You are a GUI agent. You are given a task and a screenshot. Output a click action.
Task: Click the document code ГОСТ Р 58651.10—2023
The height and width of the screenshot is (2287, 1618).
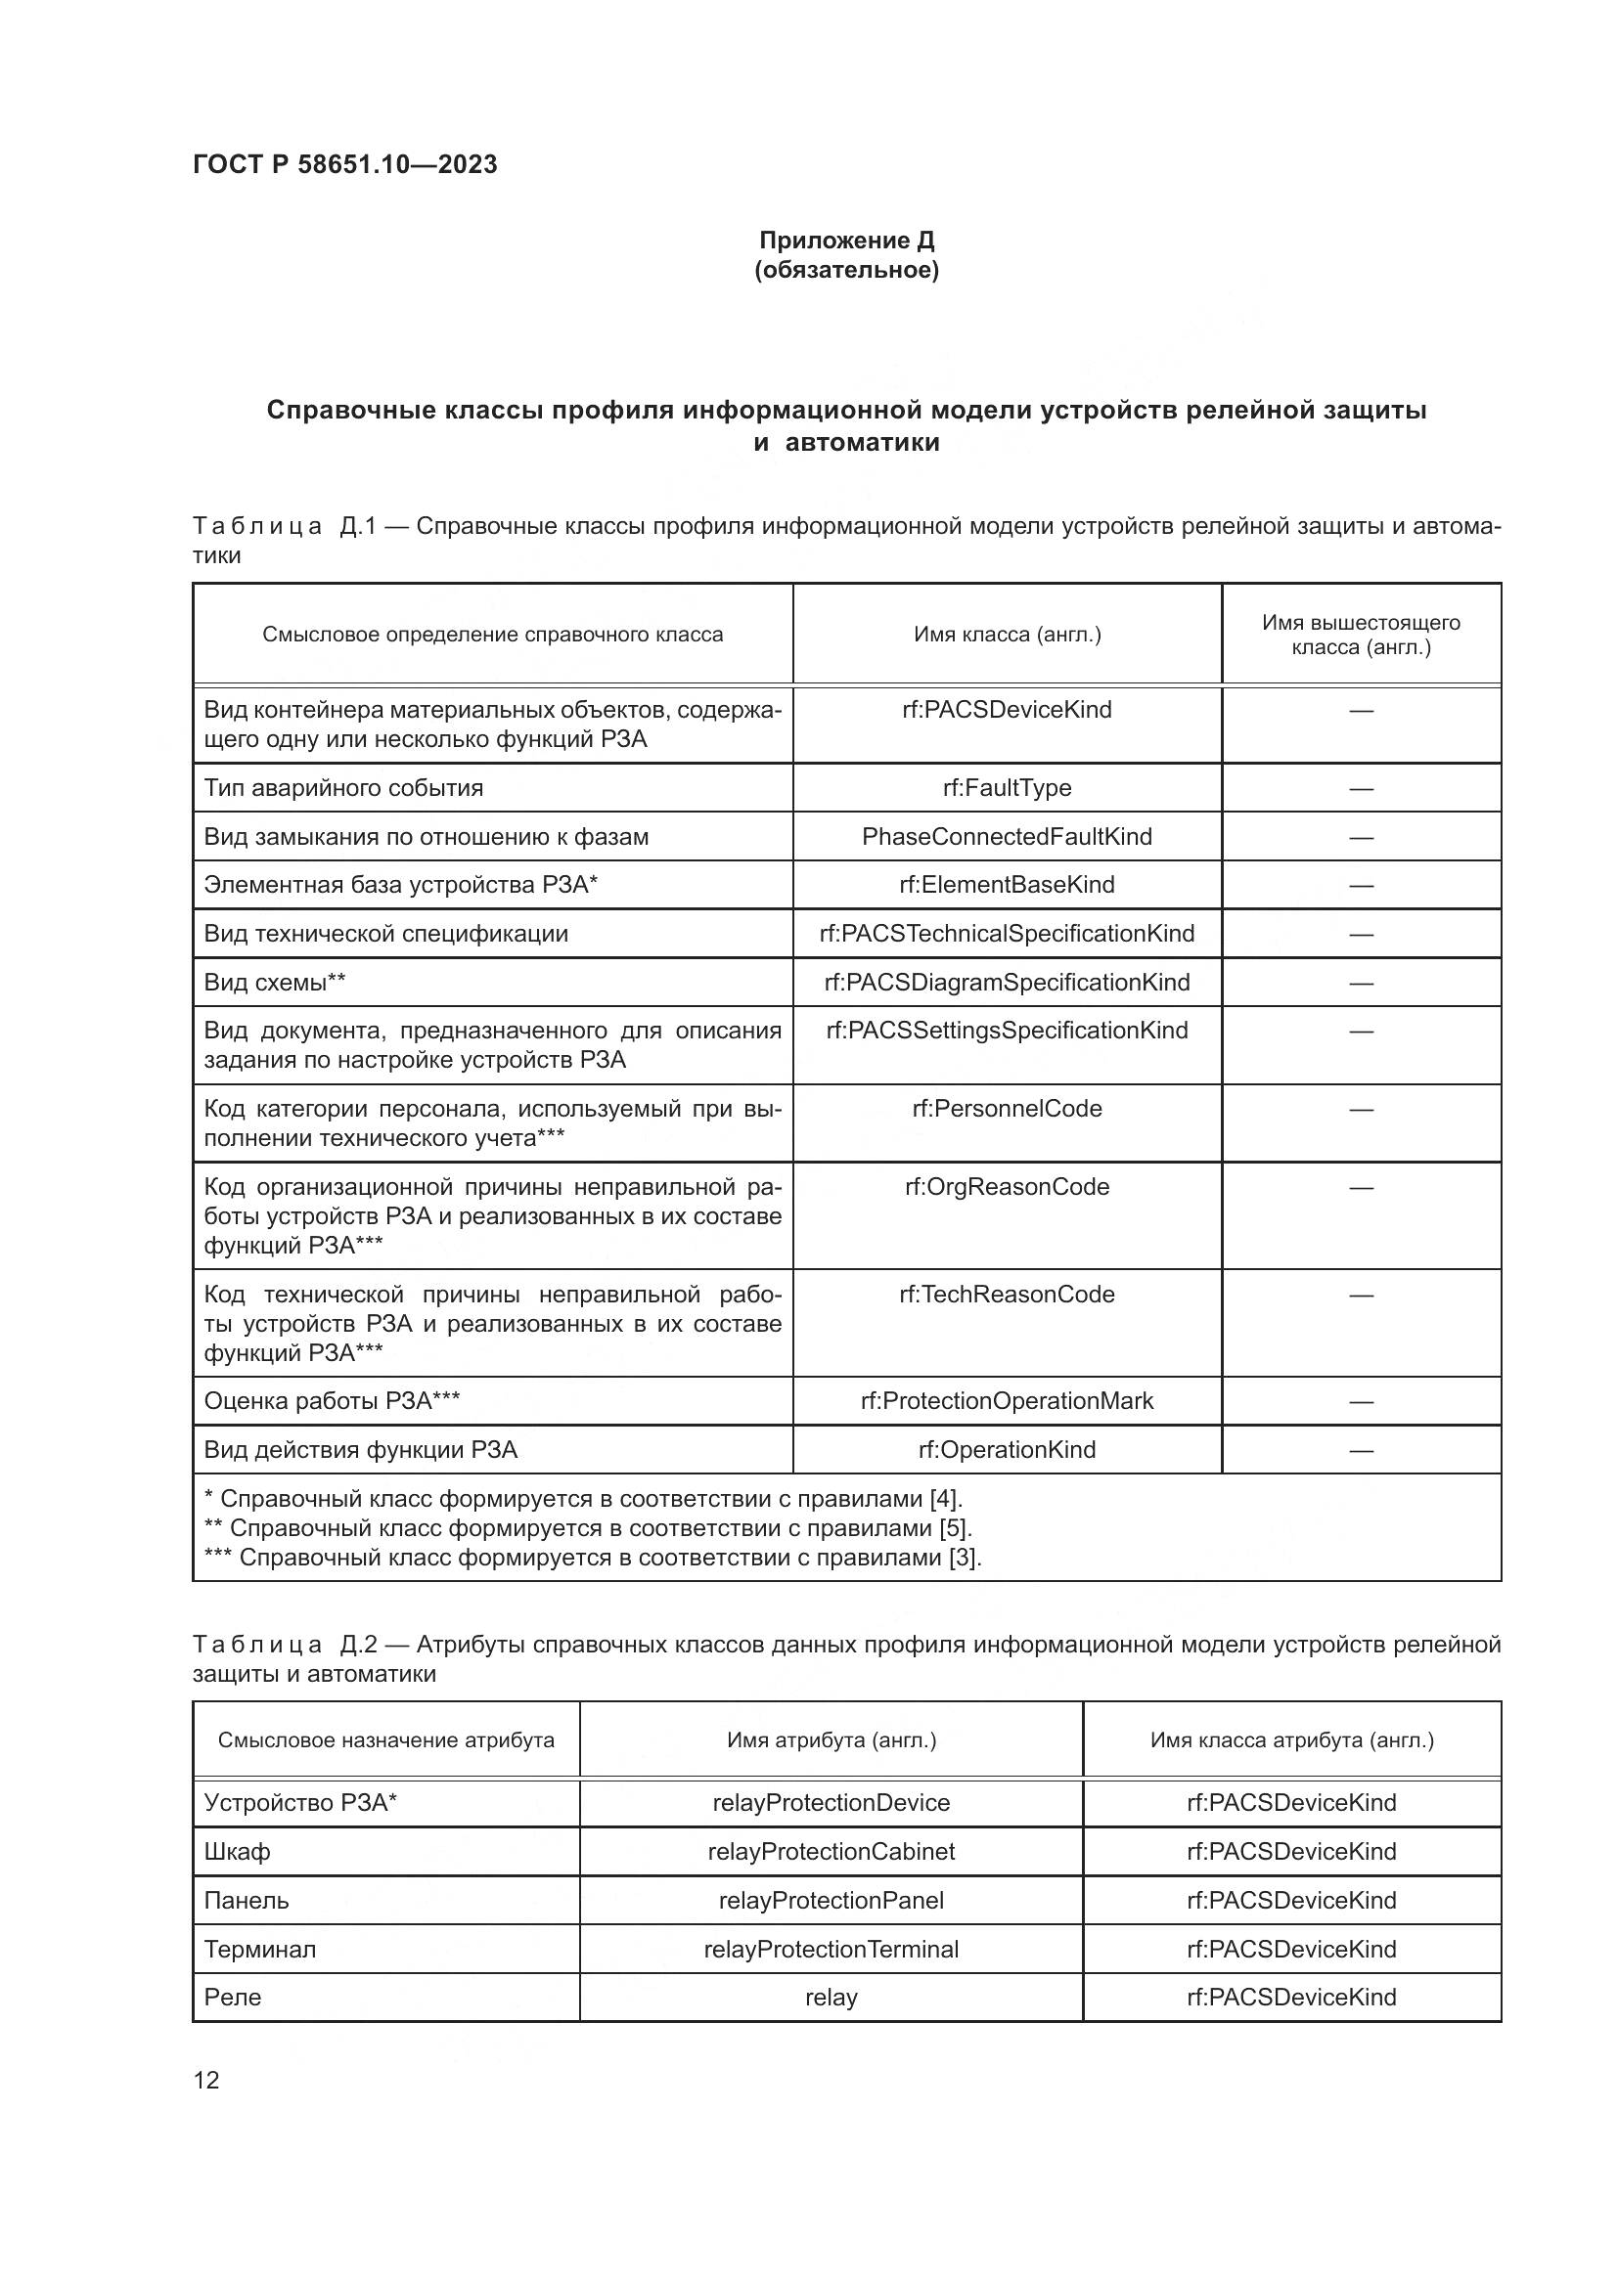[x=344, y=164]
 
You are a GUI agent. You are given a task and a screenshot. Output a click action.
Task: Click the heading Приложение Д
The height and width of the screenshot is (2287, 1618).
[x=846, y=241]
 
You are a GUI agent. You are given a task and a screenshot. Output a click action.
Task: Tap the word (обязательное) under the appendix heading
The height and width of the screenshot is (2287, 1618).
[x=846, y=270]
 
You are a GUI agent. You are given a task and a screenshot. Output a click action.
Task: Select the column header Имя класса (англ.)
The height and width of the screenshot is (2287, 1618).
[x=1007, y=635]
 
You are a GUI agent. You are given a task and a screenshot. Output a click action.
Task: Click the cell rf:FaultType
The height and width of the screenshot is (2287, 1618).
[x=1007, y=788]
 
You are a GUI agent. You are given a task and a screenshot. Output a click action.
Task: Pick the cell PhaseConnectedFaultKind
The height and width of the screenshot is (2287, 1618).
[x=1007, y=837]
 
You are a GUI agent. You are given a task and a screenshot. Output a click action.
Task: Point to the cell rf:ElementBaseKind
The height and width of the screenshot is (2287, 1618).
[x=1007, y=885]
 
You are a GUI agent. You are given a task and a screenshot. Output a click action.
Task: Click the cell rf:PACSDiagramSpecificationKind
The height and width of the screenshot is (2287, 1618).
[x=1007, y=982]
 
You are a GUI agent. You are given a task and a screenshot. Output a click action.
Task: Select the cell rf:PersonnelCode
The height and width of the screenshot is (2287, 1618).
[x=1007, y=1109]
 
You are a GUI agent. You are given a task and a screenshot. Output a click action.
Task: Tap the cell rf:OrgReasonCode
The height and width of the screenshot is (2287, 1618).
[x=1007, y=1186]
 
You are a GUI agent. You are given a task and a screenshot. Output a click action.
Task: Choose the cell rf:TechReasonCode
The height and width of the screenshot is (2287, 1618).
[x=1007, y=1294]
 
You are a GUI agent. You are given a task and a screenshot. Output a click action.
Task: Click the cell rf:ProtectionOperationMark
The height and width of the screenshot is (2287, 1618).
[x=1007, y=1400]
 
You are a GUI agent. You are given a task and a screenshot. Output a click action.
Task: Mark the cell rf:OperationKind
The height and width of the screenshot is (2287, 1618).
[x=1007, y=1449]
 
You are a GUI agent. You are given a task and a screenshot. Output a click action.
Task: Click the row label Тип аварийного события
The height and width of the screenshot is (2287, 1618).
[x=342, y=788]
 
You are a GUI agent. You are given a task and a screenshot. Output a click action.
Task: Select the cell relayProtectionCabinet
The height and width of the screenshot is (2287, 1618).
[x=831, y=1851]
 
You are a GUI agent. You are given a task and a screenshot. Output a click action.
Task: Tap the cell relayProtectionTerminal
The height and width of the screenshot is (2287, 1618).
[x=831, y=1949]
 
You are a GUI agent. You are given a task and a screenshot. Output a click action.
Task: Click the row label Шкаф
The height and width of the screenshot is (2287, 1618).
[x=237, y=1852]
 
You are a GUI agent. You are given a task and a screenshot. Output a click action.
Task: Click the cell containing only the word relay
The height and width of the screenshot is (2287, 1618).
[x=831, y=1998]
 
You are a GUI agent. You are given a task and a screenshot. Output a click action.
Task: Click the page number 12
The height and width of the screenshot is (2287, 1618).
[x=206, y=2080]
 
